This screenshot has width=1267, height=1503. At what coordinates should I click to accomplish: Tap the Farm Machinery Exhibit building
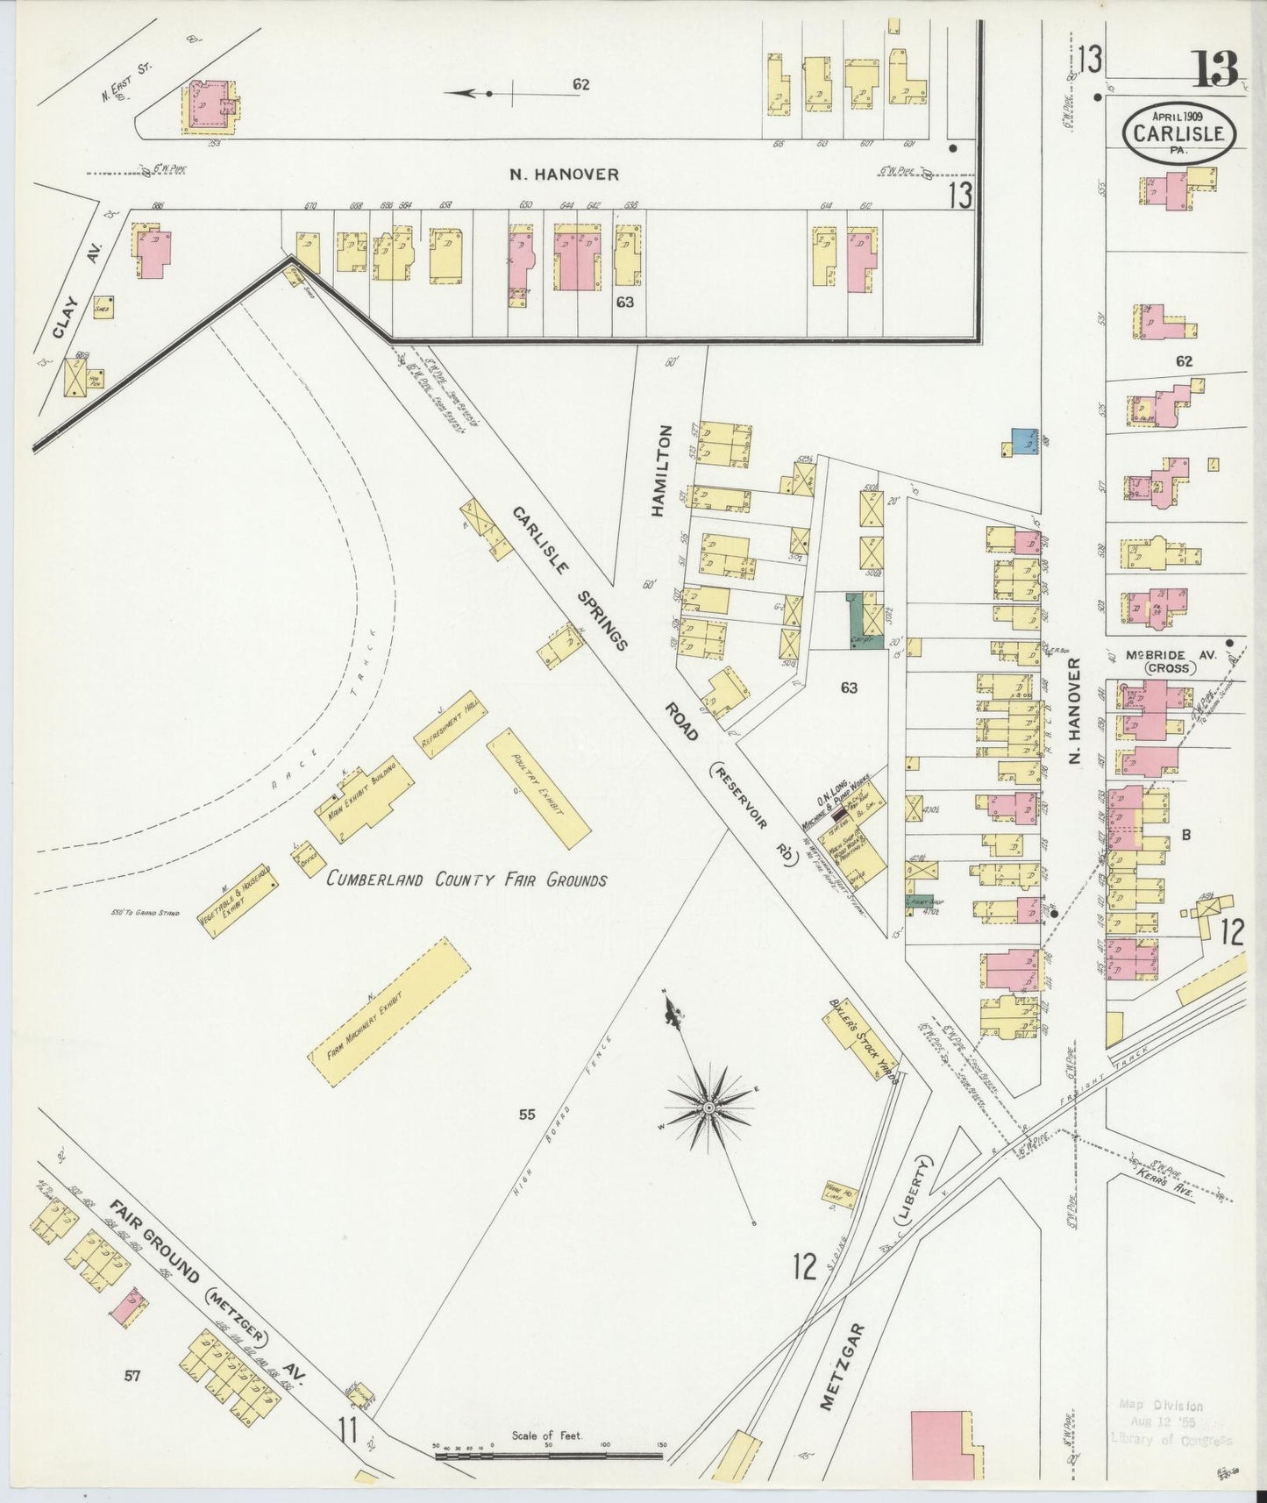(388, 1014)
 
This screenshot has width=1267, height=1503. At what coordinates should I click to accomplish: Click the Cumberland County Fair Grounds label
(466, 880)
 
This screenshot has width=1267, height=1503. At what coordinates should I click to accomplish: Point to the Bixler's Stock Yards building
(861, 1039)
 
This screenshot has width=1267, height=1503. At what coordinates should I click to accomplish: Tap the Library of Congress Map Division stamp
(1171, 1422)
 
